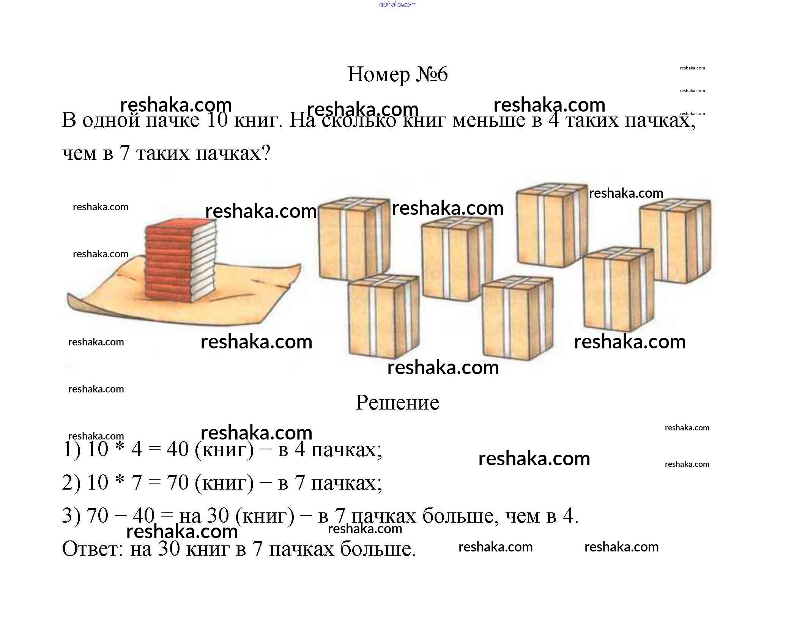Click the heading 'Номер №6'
(x=397, y=74)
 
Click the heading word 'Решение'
(x=397, y=403)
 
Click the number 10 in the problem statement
(x=217, y=120)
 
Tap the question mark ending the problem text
(x=266, y=153)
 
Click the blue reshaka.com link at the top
(x=397, y=4)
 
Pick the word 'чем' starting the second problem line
(x=79, y=153)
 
